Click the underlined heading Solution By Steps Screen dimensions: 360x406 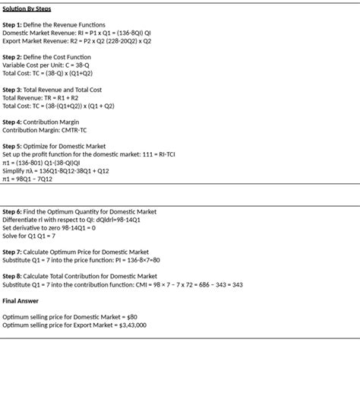[27, 9]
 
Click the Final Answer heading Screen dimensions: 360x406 [21, 300]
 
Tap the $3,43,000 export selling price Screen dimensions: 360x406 [133, 325]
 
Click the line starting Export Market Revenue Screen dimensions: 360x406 [77, 41]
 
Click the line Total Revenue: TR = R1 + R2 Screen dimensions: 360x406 [40, 97]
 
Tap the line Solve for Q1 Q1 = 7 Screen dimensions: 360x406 [29, 236]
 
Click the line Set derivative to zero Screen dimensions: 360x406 [49, 227]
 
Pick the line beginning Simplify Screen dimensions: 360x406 [55, 171]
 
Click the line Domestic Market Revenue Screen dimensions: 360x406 [77, 33]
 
